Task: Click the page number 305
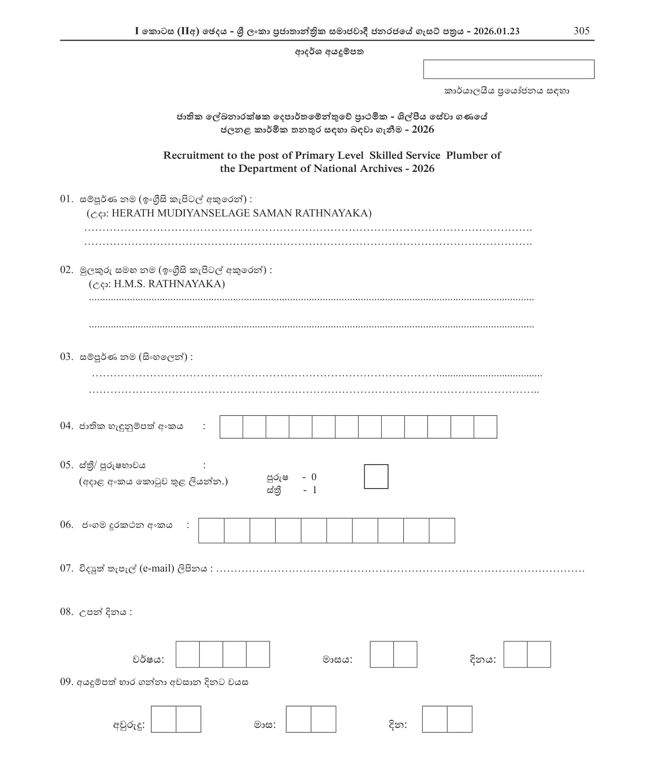point(581,31)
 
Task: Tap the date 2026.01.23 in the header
point(496,31)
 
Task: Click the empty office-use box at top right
point(509,69)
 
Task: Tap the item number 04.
point(66,426)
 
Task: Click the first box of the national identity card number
point(231,427)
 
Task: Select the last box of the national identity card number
point(485,427)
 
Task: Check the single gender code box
point(376,476)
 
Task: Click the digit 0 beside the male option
point(314,477)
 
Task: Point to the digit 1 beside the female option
point(314,490)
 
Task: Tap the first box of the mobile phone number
point(211,530)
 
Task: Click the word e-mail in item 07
point(156,568)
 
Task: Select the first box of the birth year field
point(187,654)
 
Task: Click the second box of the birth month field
point(405,654)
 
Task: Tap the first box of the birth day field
point(515,654)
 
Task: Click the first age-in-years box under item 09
point(163,719)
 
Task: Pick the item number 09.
point(66,682)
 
